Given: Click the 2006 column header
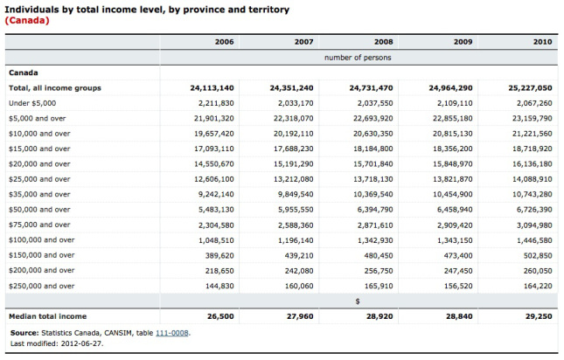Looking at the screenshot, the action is click(x=224, y=42).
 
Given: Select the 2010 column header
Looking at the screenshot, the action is click(x=542, y=42).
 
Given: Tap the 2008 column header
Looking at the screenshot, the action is click(x=384, y=42).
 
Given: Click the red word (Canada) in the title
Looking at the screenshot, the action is click(x=27, y=20).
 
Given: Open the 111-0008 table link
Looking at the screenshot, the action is click(x=172, y=333).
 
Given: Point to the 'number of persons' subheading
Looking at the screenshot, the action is click(x=358, y=58).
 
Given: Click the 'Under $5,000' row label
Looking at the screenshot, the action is click(x=32, y=103).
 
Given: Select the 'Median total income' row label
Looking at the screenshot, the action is click(x=47, y=316).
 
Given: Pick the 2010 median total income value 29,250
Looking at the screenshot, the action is click(x=539, y=316).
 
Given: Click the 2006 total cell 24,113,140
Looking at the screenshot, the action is click(x=212, y=88).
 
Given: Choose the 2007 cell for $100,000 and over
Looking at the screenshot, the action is click(x=296, y=240).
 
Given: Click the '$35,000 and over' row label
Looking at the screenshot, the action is click(x=39, y=194).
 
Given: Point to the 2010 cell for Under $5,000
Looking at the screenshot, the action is click(x=534, y=103).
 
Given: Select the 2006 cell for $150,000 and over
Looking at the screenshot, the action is click(x=219, y=255).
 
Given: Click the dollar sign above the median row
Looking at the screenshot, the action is click(x=358, y=301).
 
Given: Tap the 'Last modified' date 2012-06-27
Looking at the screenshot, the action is click(x=82, y=343).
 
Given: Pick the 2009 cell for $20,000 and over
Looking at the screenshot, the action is click(x=452, y=163).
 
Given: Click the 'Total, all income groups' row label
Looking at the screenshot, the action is click(x=55, y=88).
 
